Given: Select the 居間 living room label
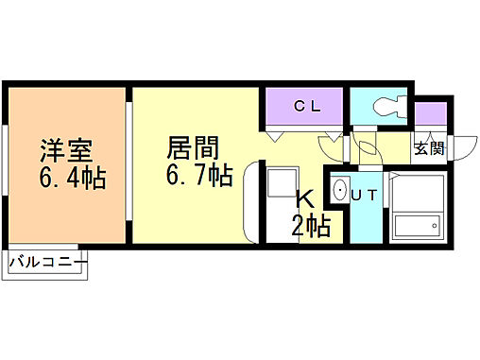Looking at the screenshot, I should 194,149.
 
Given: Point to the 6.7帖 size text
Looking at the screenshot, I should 199,176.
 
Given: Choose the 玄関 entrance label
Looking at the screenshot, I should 428,147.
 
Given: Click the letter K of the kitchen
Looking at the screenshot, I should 305,199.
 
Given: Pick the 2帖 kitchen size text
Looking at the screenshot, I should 308,226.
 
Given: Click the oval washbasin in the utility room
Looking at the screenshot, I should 341,190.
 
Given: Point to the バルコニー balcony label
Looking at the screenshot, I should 48,262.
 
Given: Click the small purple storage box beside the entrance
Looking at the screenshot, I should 431,115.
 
